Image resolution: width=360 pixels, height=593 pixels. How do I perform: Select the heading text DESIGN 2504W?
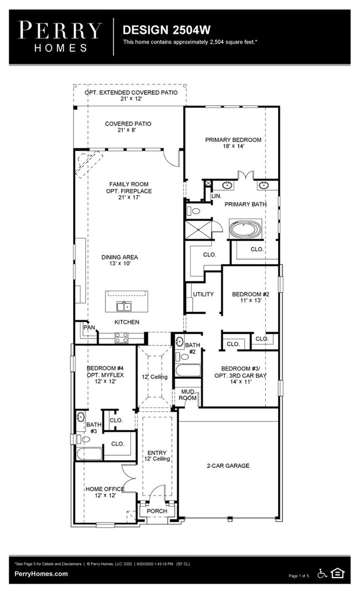pyautogui.click(x=156, y=29)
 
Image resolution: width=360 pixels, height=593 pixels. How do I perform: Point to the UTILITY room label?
pyautogui.click(x=203, y=294)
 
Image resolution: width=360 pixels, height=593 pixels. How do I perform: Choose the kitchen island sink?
pyautogui.click(x=123, y=306)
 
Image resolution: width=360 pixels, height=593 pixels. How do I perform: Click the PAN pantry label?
pyautogui.click(x=89, y=328)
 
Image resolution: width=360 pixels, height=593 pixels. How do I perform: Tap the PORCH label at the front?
pyautogui.click(x=157, y=511)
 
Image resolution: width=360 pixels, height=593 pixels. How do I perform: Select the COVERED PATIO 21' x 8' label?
pyautogui.click(x=128, y=127)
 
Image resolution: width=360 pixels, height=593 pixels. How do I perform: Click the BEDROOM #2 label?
pyautogui.click(x=250, y=297)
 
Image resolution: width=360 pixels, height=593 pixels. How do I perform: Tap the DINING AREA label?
pyautogui.click(x=120, y=260)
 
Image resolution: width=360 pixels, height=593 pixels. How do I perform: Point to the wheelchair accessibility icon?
pyautogui.click(x=322, y=573)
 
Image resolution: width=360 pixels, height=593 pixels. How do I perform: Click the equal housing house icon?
pyautogui.click(x=337, y=573)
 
